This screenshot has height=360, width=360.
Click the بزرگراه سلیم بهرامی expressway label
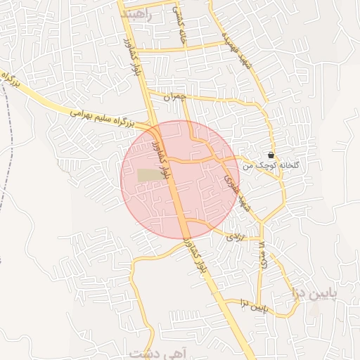click(x=102, y=117)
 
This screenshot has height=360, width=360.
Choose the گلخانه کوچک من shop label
click(x=271, y=166)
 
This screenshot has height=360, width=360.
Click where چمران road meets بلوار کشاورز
click(x=149, y=92)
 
